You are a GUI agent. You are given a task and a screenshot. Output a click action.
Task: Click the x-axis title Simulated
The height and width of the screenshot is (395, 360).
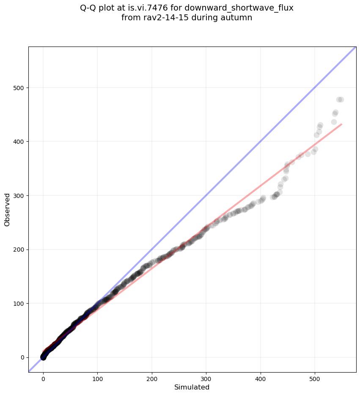[192, 387]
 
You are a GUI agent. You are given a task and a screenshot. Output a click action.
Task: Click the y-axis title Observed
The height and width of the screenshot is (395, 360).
[7, 209]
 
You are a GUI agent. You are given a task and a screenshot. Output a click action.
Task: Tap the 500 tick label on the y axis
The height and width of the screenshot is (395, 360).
[18, 88]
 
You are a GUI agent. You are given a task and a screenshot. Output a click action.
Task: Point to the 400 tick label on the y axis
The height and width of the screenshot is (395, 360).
[18, 142]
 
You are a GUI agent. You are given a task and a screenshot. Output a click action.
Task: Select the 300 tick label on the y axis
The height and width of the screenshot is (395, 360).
[18, 195]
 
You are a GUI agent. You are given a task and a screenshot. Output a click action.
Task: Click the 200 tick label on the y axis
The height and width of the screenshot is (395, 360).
[18, 250]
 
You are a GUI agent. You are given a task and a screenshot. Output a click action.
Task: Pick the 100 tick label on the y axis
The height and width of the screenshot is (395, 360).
[18, 303]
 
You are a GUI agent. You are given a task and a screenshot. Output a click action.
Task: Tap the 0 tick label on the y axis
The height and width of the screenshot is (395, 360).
[22, 357]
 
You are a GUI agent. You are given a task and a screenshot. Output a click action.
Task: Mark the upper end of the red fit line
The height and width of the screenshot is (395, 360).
[341, 124]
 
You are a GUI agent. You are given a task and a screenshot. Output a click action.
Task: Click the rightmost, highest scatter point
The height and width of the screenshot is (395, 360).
[341, 100]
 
